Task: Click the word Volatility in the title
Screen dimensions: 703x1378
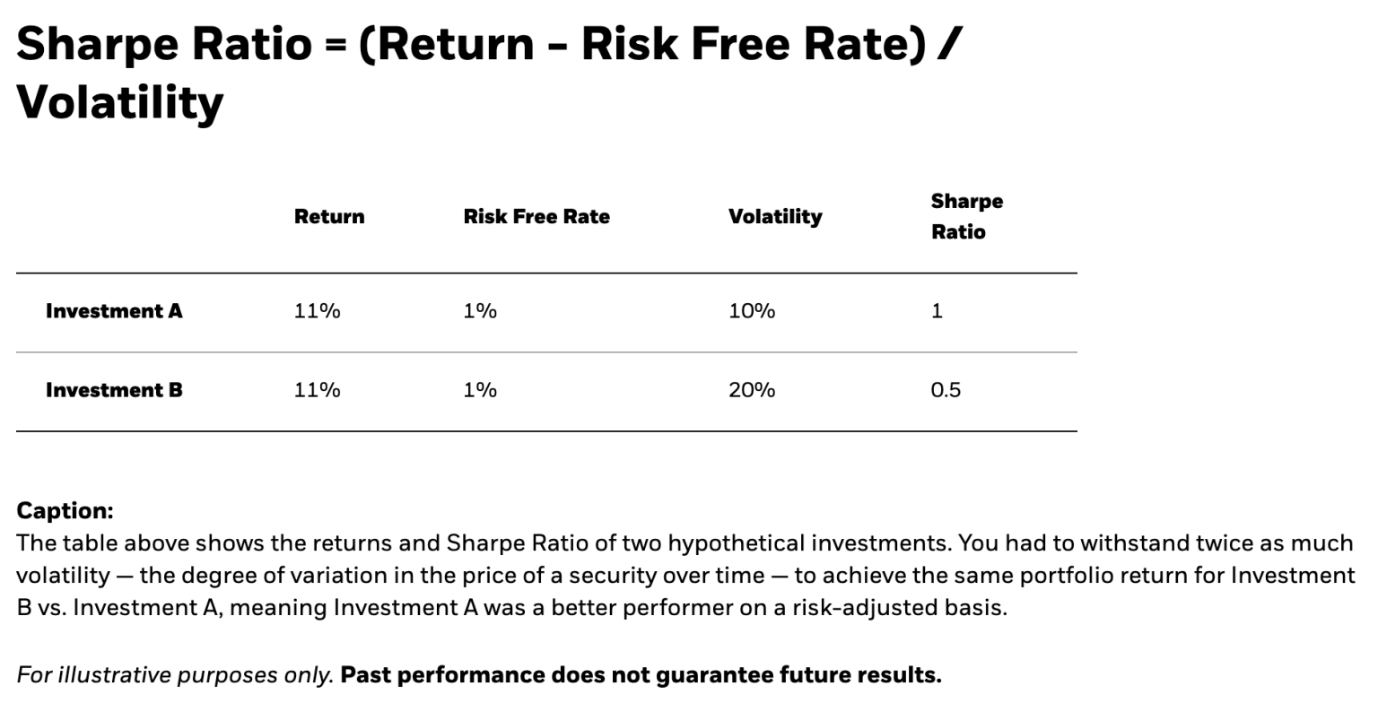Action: click(x=120, y=101)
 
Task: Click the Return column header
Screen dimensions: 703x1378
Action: click(x=329, y=217)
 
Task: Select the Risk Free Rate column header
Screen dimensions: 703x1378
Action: click(x=536, y=217)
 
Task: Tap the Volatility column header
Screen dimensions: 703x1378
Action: click(x=775, y=217)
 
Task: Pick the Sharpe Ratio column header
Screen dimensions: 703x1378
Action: click(x=966, y=216)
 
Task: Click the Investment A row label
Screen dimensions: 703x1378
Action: click(x=114, y=311)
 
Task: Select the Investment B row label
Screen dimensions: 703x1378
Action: click(x=114, y=390)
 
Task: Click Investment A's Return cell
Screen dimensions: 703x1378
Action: click(x=317, y=311)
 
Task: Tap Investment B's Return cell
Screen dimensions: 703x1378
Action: click(x=317, y=390)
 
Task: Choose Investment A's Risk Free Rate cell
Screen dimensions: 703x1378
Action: click(x=480, y=311)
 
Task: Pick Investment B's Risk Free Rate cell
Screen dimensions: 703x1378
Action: click(x=480, y=390)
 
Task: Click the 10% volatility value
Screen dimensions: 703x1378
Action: click(x=752, y=311)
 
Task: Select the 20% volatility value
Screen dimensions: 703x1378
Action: click(x=752, y=390)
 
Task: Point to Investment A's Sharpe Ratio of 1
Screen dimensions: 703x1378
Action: click(x=937, y=311)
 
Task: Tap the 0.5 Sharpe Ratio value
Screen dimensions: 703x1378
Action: click(x=946, y=390)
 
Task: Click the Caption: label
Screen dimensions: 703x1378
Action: click(x=65, y=511)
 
